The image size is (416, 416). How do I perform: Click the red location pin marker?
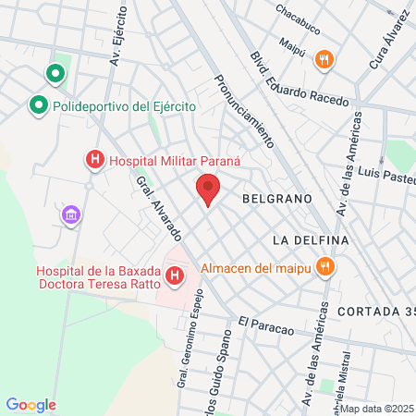coord(208,190)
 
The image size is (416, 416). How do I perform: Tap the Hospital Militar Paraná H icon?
coord(93,160)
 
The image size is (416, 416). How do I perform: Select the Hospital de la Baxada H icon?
coord(174,275)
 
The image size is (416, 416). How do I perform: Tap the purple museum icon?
coord(70,215)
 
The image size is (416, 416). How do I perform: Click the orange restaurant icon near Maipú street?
coord(323,60)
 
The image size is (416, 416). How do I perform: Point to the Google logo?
coord(31,405)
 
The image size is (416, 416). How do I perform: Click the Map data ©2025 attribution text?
coord(376,409)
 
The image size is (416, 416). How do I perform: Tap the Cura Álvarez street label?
coord(389,39)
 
